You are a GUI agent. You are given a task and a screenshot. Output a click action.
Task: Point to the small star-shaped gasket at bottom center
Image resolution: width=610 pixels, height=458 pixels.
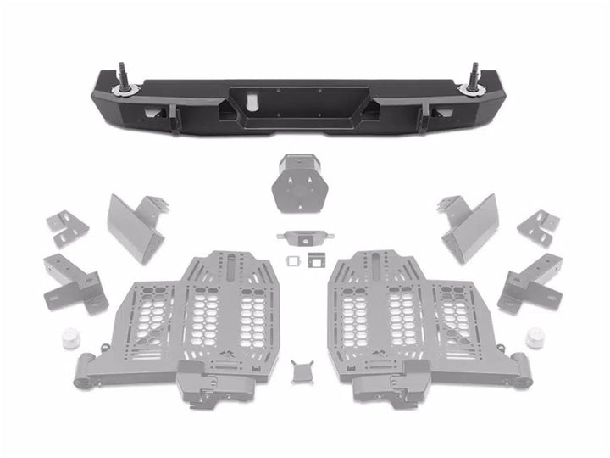[x=300, y=371]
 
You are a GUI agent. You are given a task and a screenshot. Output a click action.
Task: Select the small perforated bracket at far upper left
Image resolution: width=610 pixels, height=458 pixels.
[x=66, y=227]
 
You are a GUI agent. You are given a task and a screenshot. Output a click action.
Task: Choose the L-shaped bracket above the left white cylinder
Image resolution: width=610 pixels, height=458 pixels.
[x=75, y=282]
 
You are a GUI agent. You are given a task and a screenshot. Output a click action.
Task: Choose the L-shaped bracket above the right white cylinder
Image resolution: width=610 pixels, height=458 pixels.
[x=531, y=282]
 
